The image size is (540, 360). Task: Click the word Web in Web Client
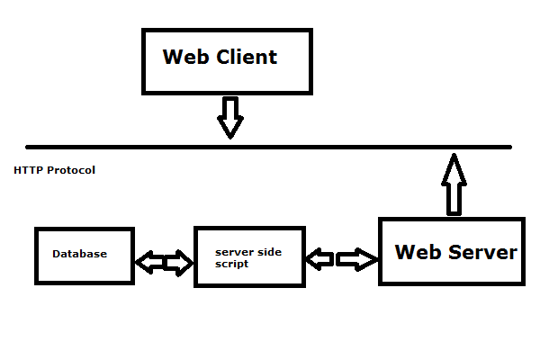(x=183, y=57)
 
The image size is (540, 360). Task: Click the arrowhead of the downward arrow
(x=230, y=128)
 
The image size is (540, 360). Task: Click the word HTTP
(x=28, y=170)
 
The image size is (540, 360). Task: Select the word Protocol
(x=71, y=170)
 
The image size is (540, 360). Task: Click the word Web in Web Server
(x=418, y=251)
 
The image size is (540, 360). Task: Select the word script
(x=231, y=264)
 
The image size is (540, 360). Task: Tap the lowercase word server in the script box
(x=234, y=252)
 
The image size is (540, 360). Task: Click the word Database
(x=79, y=254)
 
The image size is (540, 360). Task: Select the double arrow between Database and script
(x=165, y=263)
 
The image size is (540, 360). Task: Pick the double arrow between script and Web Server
(x=342, y=260)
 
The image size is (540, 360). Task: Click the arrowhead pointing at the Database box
(x=145, y=263)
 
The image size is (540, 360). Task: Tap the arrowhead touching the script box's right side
(x=315, y=260)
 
